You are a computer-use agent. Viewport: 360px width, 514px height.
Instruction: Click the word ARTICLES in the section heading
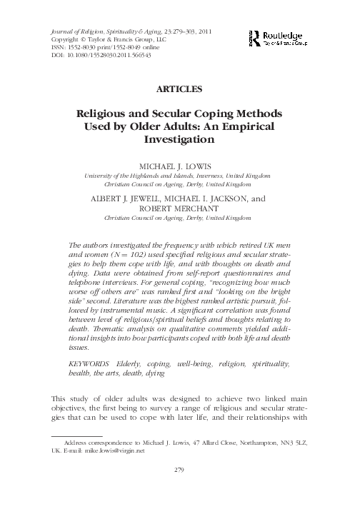point(180,90)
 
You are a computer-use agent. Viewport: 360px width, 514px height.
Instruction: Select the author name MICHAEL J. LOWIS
point(179,163)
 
